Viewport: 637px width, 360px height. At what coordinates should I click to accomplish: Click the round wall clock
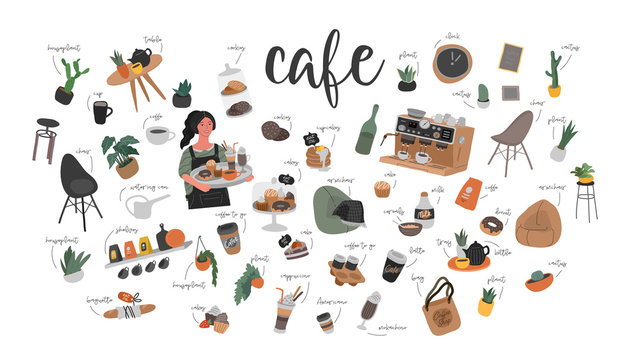point(451,63)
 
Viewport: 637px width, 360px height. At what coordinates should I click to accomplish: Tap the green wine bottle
point(367,130)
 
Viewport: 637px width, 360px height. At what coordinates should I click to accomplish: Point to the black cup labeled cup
point(102,112)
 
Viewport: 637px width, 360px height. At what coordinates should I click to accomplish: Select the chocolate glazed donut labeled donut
point(492,226)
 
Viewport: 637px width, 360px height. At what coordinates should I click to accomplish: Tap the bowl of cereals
point(408,229)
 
